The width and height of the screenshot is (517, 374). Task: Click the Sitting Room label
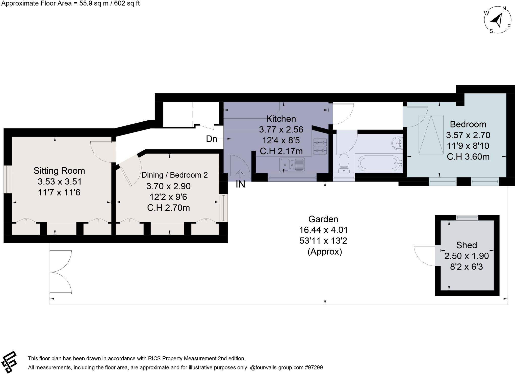59,171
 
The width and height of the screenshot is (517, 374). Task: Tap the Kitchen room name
281,119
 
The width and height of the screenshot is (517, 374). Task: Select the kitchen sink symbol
292,164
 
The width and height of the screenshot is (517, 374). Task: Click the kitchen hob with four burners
320,147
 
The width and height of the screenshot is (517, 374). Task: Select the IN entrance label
240,184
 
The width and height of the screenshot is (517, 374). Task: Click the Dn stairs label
212,139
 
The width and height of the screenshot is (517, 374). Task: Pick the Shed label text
467,245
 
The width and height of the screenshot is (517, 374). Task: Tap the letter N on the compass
504,9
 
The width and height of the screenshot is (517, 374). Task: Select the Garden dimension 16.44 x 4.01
323,230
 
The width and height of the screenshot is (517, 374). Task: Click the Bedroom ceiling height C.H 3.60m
468,157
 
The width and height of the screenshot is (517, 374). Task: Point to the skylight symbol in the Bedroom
431,135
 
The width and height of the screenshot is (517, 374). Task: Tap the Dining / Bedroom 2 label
174,175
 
